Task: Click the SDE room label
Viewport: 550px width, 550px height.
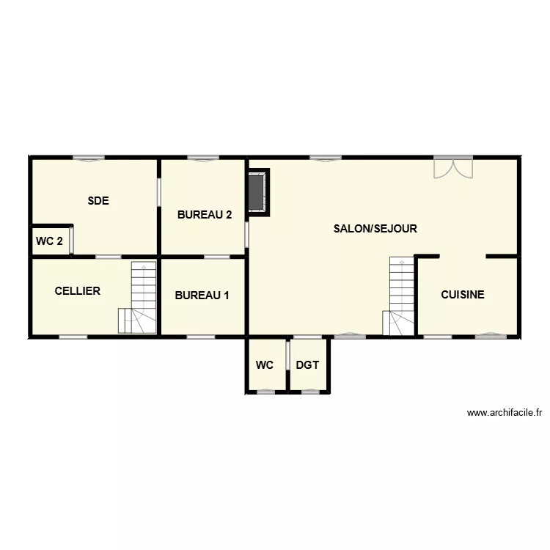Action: point(98,200)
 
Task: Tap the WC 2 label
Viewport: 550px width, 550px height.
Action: point(49,241)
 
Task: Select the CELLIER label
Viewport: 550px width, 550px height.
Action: point(77,291)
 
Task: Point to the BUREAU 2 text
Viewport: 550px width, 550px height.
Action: point(205,215)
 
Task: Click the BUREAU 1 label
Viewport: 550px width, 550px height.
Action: point(202,296)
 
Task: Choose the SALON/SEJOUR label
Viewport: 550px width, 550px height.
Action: point(375,229)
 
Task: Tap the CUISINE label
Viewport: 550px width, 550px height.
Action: point(462,295)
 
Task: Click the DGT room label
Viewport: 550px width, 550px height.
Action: point(307,364)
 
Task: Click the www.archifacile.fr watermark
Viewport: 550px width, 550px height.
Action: point(504,414)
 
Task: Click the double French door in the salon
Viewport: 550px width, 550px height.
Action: point(452,167)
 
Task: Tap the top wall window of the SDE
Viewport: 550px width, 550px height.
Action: point(88,158)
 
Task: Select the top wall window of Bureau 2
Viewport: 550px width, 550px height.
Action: point(203,158)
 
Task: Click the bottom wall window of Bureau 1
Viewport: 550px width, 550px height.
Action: point(201,337)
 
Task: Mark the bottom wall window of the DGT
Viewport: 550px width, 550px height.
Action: point(311,392)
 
